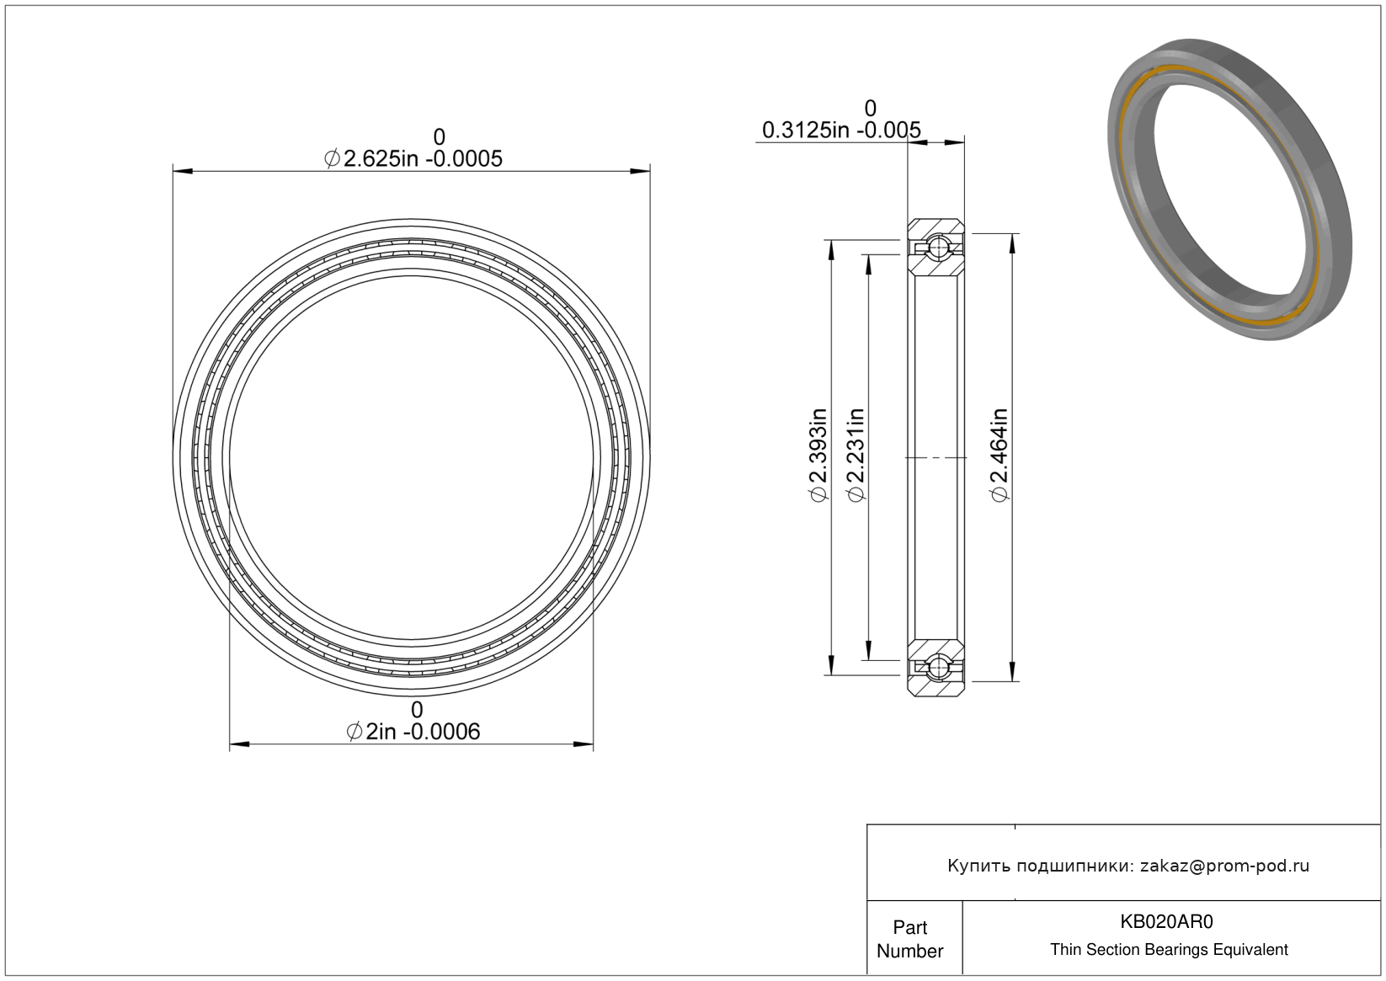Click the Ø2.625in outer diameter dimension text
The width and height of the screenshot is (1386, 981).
(x=413, y=159)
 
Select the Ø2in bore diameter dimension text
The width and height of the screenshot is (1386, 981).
(x=413, y=732)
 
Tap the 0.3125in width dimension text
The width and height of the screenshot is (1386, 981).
(x=841, y=130)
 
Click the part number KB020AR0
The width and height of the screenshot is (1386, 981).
(x=1166, y=922)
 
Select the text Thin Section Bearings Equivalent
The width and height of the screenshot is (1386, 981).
(x=1169, y=950)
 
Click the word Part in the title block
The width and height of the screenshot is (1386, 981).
(x=910, y=927)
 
